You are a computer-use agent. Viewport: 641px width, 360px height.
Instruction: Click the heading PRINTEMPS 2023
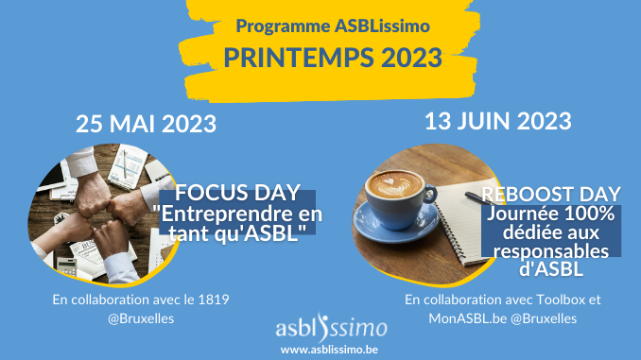point(333,58)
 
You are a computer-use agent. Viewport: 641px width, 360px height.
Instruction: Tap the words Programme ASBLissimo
point(333,26)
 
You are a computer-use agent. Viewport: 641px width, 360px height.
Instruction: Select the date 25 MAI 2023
point(146,124)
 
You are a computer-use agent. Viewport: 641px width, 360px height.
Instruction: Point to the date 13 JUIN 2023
point(498,121)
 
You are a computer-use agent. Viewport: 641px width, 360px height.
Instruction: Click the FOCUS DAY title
point(238,193)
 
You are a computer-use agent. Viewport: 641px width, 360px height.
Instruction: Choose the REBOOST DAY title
point(551,195)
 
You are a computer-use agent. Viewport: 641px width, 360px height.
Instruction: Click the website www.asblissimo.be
point(329,350)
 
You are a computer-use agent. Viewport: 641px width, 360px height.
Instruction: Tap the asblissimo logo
point(332,328)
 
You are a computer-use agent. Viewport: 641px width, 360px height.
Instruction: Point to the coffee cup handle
point(430,194)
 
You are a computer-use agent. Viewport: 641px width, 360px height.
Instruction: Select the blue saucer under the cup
point(395,224)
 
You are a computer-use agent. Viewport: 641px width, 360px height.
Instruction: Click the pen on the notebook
point(479,198)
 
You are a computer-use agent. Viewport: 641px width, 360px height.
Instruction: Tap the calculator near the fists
point(66,266)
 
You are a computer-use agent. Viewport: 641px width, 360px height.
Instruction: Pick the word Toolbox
point(561,300)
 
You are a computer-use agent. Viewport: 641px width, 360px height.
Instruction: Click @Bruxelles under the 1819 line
point(141,318)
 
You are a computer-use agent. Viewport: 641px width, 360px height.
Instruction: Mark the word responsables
point(551,251)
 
